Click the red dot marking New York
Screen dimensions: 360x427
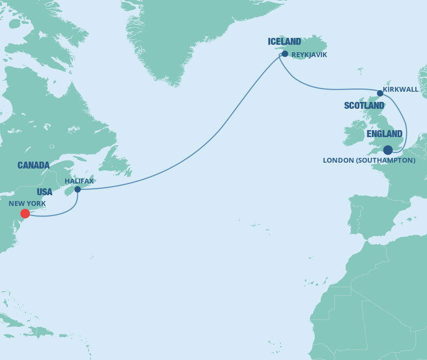pyautogui.click(x=25, y=213)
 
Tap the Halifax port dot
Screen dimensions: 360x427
pyautogui.click(x=77, y=189)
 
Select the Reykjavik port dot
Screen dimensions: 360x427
pyautogui.click(x=285, y=54)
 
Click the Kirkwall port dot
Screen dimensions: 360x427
pyautogui.click(x=380, y=93)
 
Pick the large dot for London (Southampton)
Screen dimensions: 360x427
pyautogui.click(x=388, y=150)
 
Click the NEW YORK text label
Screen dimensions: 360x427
pyautogui.click(x=27, y=204)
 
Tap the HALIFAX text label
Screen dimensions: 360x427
pyautogui.click(x=79, y=181)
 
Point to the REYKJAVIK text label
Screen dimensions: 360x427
pyautogui.click(x=309, y=54)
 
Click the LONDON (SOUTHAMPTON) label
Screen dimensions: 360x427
pyautogui.click(x=369, y=160)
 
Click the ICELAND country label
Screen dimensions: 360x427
pyautogui.click(x=284, y=42)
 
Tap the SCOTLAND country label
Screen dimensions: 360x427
pyautogui.click(x=364, y=106)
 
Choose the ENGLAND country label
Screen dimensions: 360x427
pyautogui.click(x=384, y=134)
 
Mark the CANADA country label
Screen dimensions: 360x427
pyautogui.click(x=34, y=165)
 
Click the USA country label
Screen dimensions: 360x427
pyautogui.click(x=45, y=191)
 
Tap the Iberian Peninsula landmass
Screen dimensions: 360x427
pyautogui.click(x=374, y=216)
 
